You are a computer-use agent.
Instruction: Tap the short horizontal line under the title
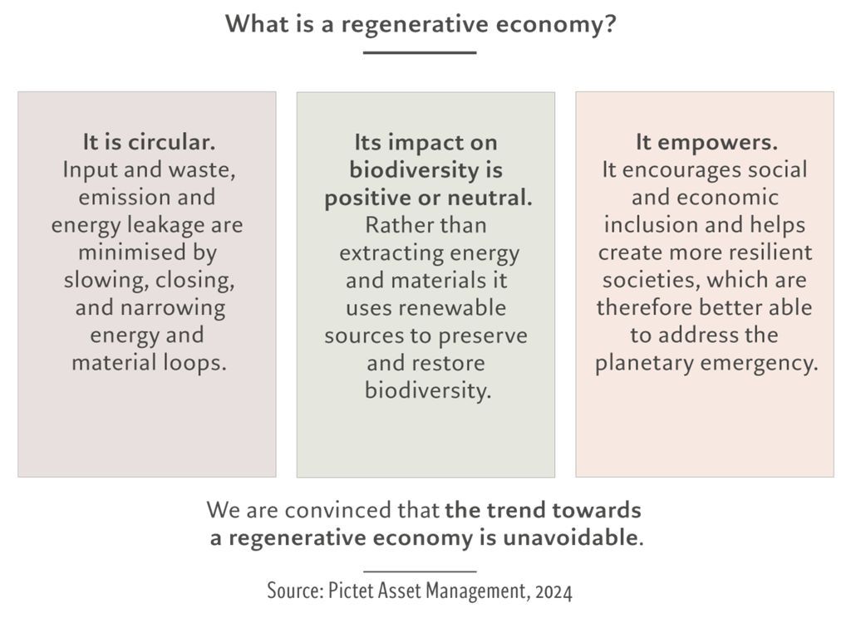coord(420,52)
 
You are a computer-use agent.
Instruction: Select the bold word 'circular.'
coord(171,142)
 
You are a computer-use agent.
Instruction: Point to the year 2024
coord(553,591)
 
